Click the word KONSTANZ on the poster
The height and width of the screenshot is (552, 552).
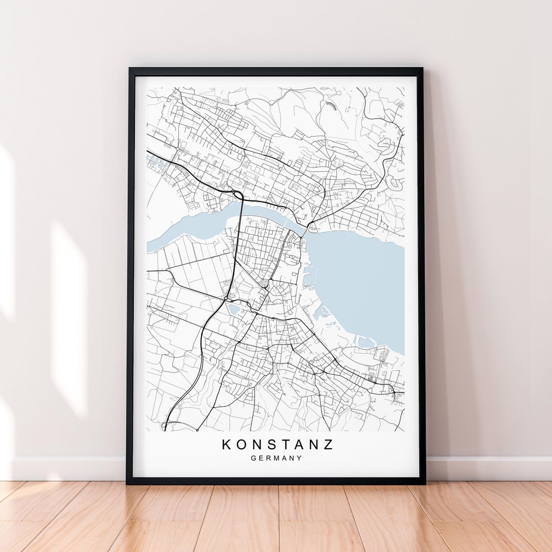pos(277,444)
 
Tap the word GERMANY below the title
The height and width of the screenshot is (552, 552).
pos(277,458)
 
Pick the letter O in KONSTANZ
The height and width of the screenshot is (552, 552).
pos(242,444)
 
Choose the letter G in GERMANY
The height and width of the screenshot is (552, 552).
pos(254,458)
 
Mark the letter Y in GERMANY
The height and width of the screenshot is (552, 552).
pos(300,458)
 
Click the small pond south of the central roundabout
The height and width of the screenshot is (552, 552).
pos(234,309)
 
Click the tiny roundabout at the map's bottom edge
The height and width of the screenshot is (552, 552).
pos(197,430)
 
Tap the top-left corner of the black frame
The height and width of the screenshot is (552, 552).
pos(130,70)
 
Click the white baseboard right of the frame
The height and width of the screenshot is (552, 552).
pos(486,468)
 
